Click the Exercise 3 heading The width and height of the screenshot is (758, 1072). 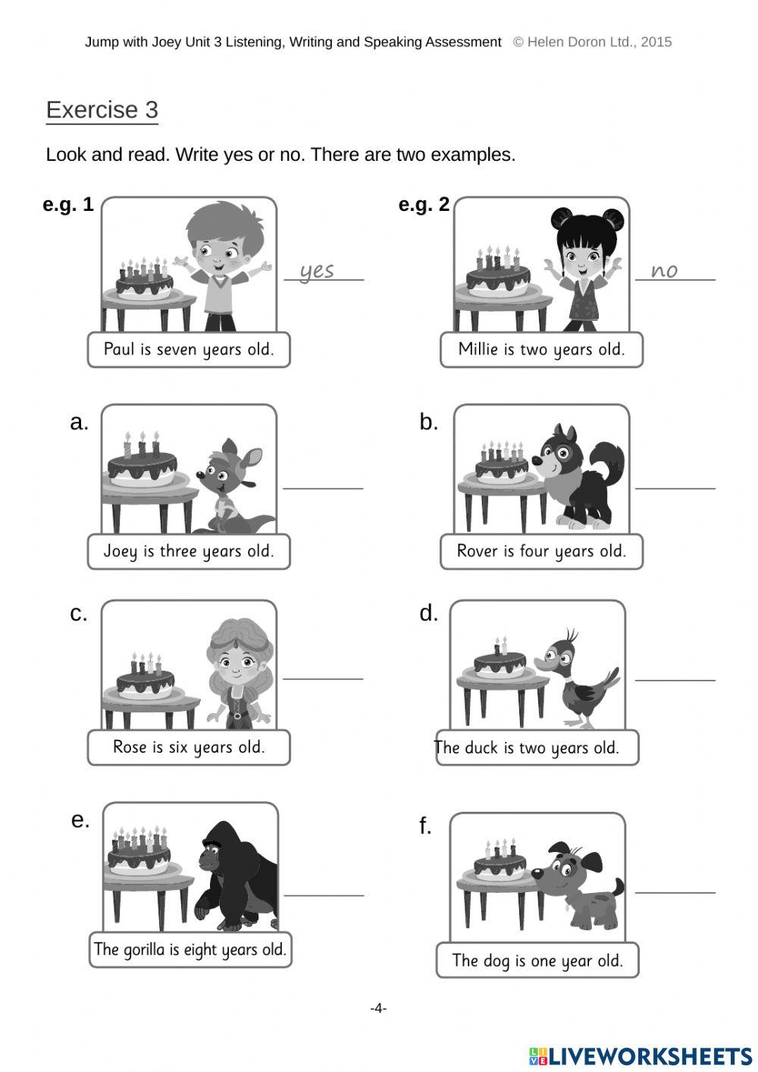point(102,110)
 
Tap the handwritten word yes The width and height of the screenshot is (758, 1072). point(317,270)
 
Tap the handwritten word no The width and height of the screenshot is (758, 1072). point(664,270)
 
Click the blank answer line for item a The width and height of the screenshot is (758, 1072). point(323,487)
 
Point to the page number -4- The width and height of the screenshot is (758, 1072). point(378,1008)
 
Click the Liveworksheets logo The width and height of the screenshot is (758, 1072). point(640,1056)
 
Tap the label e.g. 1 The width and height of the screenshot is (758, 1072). point(68,205)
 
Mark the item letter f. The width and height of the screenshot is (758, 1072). point(425,825)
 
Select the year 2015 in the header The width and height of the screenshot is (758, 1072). point(656,42)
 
